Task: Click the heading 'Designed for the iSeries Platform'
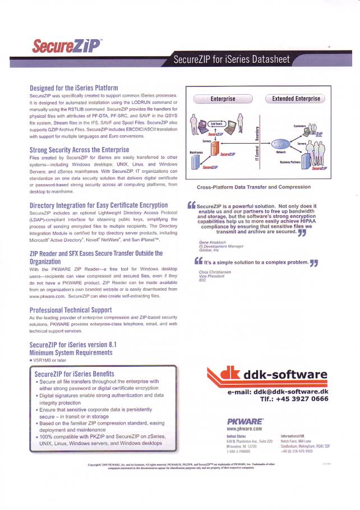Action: tap(73, 88)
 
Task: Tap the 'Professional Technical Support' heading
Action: tap(70, 309)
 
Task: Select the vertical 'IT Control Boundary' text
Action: tap(256, 145)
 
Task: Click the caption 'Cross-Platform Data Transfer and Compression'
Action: tap(253, 187)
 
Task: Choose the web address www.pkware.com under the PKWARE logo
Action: tap(244, 429)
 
